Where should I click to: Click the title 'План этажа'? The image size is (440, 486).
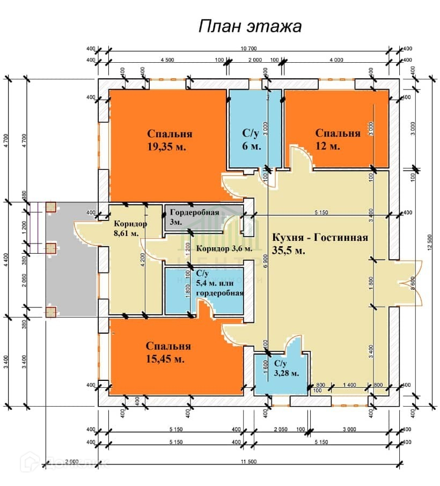point(250,26)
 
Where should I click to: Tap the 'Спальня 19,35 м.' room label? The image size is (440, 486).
point(170,140)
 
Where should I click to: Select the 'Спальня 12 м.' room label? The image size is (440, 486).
point(337,139)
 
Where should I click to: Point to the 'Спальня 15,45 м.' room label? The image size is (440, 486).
point(168,353)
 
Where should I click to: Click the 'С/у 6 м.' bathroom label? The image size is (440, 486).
point(252,140)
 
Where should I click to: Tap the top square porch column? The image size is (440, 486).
point(51,207)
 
